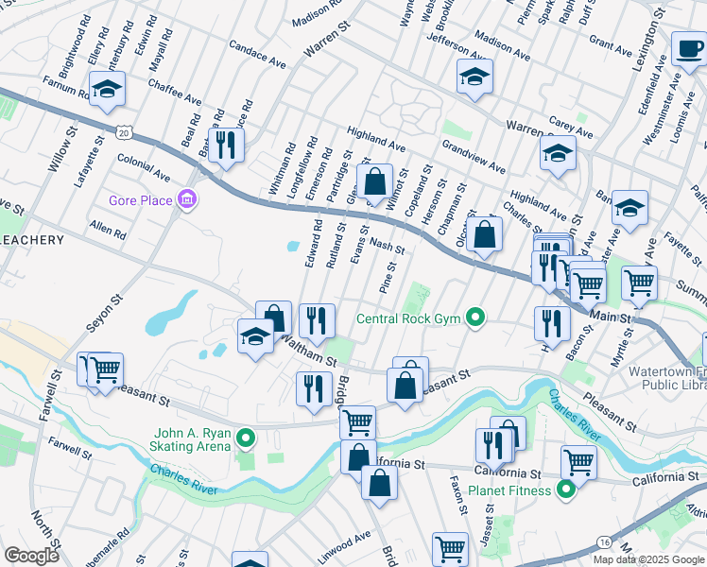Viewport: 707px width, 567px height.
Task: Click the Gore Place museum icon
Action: point(188,199)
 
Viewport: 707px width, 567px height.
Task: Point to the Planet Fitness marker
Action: point(565,490)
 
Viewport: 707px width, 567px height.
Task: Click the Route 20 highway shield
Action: point(123,133)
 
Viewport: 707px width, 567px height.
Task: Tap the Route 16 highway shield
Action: point(602,541)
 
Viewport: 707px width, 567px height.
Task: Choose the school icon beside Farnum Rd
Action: point(107,92)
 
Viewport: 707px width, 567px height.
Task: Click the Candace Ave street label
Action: point(257,54)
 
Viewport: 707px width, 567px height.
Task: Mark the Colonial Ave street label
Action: point(144,169)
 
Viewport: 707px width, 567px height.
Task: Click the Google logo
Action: point(32,556)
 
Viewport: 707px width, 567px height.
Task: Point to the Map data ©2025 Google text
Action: point(648,559)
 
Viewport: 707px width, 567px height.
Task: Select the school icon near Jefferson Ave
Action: point(474,76)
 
